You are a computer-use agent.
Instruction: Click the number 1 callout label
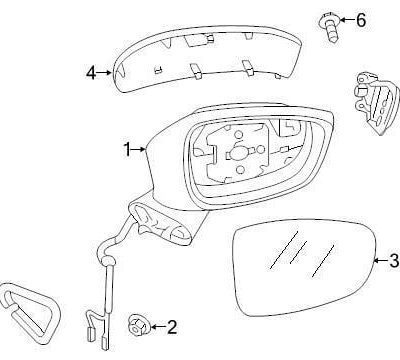[127, 150]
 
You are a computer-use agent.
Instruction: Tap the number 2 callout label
[172, 325]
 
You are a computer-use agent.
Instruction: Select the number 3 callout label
[393, 261]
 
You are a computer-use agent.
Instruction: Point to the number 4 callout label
[91, 72]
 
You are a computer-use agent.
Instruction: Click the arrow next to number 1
[140, 150]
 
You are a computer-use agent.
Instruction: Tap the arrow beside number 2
[156, 325]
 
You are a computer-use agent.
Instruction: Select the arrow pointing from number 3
[379, 261]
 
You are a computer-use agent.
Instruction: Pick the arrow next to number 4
[104, 72]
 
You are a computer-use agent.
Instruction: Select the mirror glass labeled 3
[300, 270]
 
